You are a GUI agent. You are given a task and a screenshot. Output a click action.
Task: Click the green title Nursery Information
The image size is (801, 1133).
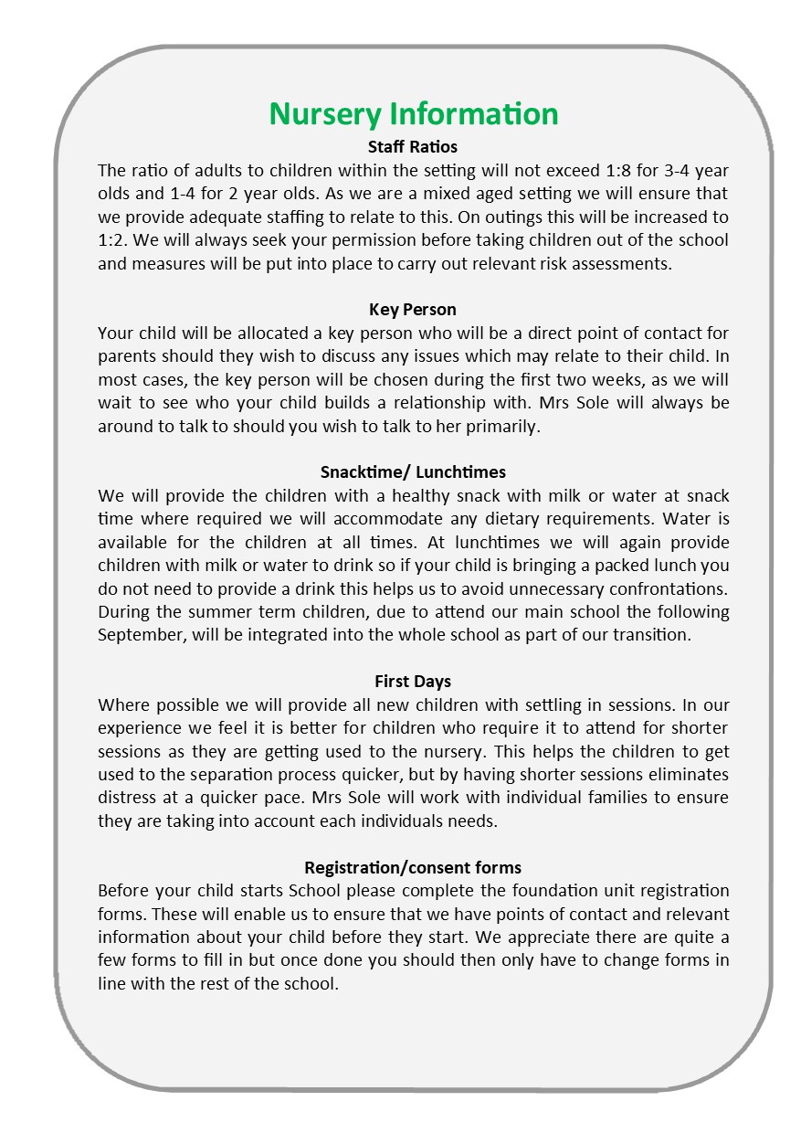click(x=413, y=114)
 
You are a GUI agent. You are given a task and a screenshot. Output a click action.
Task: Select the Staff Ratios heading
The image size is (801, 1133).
click(x=413, y=146)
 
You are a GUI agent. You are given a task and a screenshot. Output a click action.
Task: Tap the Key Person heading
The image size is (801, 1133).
click(x=413, y=309)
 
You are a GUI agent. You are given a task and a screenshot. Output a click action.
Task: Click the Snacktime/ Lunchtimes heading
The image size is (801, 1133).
click(x=413, y=471)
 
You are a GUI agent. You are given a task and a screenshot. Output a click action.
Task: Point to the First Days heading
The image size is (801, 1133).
click(x=413, y=682)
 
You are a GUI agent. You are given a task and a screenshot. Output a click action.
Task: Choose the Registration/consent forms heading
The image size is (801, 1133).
click(x=413, y=867)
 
